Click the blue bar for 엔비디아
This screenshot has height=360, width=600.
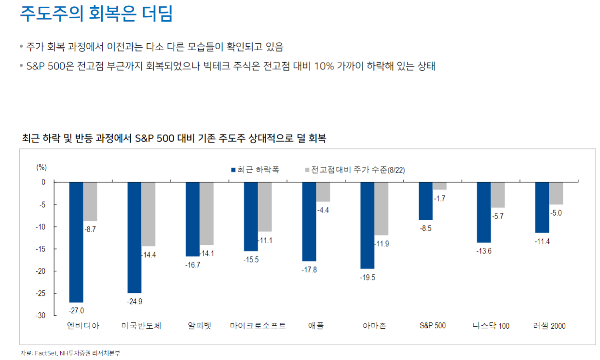(x=76, y=242)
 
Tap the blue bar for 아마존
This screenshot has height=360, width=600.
(x=367, y=225)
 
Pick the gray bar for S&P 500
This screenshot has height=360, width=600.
(x=439, y=186)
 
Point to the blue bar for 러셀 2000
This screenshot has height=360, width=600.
(x=542, y=207)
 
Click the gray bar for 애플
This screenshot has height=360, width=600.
(x=323, y=192)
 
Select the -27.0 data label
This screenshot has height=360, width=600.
(x=77, y=310)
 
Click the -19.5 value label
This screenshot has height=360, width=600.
(x=367, y=277)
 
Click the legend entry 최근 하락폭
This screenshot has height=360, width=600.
(x=255, y=170)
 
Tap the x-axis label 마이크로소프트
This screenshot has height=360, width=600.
(x=258, y=326)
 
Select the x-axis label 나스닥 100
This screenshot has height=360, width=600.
(x=491, y=326)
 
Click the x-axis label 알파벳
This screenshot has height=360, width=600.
(x=200, y=326)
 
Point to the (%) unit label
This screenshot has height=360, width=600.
(x=41, y=167)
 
